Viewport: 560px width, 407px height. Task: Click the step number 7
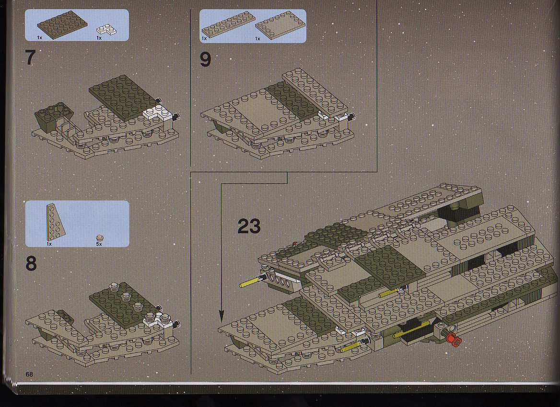click(31, 58)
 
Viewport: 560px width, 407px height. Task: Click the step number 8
click(31, 264)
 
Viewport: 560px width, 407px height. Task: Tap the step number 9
click(205, 59)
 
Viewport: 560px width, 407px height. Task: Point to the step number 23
click(249, 226)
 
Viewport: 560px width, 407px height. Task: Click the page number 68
click(29, 374)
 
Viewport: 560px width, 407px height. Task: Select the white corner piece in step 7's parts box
click(106, 30)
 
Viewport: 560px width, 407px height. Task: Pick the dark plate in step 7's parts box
click(62, 24)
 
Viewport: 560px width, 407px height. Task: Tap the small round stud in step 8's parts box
click(100, 238)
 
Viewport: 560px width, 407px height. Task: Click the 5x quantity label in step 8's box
click(99, 244)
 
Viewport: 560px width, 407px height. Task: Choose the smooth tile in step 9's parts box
click(280, 25)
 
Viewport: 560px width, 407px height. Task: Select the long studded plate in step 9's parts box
click(228, 25)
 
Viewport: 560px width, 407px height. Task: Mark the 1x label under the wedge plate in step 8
click(49, 244)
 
